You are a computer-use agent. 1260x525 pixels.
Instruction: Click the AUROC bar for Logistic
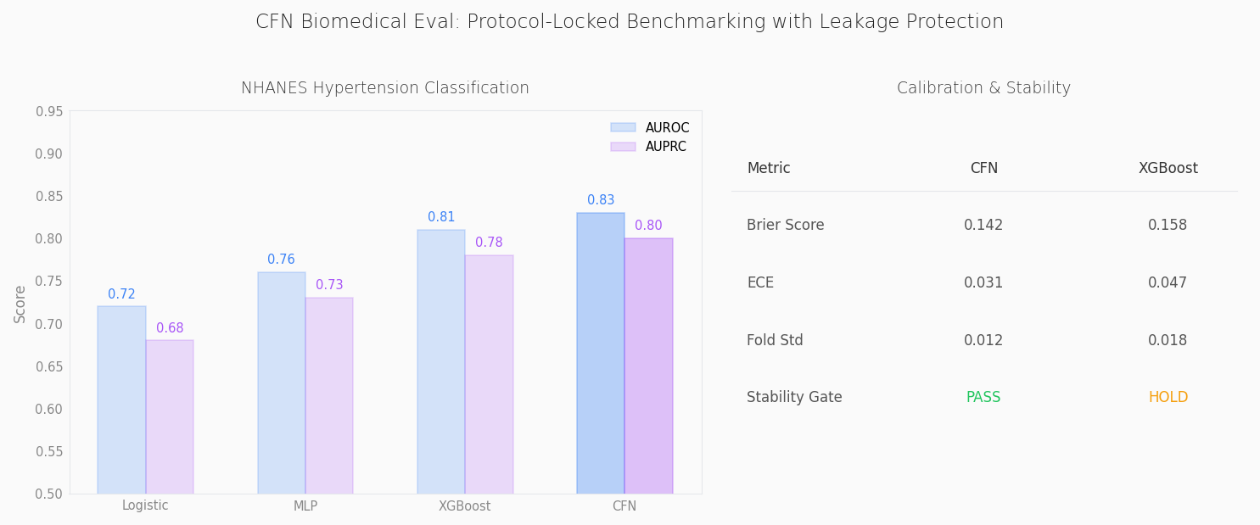[x=121, y=399]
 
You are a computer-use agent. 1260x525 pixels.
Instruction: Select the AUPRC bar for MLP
[x=329, y=395]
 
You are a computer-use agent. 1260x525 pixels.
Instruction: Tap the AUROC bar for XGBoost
[x=440, y=361]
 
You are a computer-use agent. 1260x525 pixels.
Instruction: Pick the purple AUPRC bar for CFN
[x=648, y=366]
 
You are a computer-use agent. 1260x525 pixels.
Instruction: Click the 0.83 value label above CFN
[x=601, y=201]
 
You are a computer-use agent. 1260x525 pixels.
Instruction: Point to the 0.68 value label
[x=170, y=328]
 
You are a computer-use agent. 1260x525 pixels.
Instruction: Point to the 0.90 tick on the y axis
[x=49, y=154]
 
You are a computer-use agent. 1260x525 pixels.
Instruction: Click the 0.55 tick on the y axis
[x=49, y=451]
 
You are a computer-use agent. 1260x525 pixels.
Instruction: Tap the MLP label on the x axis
[x=305, y=506]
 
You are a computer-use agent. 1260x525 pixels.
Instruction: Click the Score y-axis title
[x=20, y=303]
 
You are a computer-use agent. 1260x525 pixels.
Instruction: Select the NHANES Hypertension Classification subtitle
[x=384, y=88]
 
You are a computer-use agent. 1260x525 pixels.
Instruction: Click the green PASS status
[x=983, y=398]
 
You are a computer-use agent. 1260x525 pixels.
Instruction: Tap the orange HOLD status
[x=1168, y=398]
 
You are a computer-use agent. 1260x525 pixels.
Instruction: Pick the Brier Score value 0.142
[x=983, y=226]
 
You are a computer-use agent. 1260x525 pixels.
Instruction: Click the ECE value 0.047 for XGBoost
[x=1168, y=283]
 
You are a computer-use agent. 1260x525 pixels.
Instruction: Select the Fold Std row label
[x=775, y=341]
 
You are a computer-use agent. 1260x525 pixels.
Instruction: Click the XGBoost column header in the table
[x=1168, y=169]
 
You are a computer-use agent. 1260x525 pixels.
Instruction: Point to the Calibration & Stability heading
[x=983, y=88]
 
